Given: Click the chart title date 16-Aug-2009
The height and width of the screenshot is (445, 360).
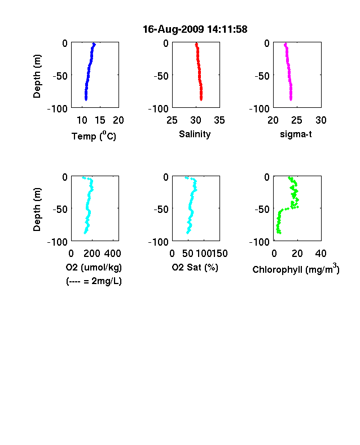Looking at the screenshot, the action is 173,29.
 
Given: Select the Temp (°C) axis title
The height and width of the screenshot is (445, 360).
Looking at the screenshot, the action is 94,136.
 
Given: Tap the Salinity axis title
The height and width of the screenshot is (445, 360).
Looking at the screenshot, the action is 195,134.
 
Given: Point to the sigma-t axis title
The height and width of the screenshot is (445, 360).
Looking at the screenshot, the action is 296,134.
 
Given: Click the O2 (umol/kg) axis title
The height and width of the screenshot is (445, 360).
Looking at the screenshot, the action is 94,267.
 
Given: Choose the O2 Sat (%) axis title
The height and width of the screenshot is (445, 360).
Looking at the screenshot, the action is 195,267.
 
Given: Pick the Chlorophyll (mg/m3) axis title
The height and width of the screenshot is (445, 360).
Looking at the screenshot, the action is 296,269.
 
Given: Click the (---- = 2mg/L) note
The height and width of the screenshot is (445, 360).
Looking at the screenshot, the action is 94,281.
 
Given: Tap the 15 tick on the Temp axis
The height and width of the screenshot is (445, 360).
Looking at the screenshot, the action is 100,120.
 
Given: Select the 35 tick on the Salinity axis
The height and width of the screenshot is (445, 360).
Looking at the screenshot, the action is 219,120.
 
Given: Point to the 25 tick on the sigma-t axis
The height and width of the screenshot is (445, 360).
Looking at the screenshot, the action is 297,120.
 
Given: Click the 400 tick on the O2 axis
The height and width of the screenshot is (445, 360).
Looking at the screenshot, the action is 113,254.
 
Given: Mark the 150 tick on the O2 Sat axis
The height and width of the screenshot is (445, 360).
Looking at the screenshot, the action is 220,254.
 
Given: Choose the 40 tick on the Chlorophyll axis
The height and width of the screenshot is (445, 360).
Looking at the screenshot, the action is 321,254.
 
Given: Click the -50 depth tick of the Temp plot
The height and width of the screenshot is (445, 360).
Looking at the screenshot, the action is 60,76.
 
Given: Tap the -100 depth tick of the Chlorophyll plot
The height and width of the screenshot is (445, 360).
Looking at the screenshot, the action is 260,242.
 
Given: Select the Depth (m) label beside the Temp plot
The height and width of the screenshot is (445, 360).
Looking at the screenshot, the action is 37,76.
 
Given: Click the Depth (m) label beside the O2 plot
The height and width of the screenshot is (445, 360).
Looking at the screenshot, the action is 37,210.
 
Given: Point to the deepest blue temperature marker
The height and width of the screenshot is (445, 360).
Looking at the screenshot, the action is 86,99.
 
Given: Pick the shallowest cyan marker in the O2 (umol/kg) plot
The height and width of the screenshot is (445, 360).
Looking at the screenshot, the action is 84,178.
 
